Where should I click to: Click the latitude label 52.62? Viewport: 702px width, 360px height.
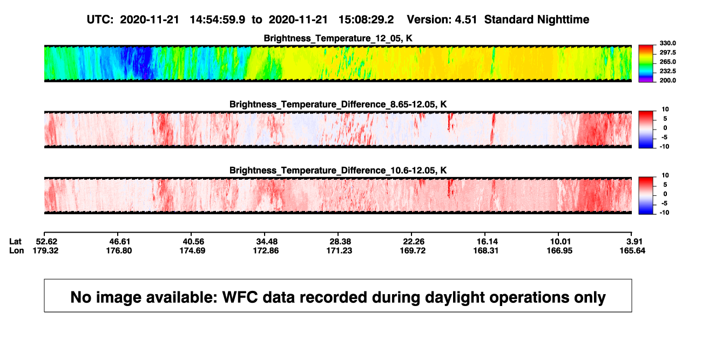point(46,242)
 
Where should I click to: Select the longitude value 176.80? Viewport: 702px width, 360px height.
point(119,250)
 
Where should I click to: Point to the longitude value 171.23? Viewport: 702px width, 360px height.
point(339,250)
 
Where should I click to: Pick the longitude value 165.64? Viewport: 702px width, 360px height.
point(632,250)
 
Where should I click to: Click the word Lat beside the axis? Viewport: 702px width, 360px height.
point(15,242)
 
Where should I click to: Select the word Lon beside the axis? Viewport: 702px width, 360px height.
point(17,250)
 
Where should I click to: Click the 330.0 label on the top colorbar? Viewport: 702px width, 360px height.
point(667,43)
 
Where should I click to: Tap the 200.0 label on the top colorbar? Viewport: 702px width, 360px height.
point(667,80)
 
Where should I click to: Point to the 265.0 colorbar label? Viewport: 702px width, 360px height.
point(667,62)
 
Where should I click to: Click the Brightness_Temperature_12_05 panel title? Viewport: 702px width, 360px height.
point(338,38)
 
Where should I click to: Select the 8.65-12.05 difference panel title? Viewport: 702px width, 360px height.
point(338,104)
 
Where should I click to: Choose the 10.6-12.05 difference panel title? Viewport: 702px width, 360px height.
point(338,171)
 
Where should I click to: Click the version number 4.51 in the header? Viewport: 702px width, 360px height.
point(465,19)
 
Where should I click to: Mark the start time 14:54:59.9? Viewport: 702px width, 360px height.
point(218,19)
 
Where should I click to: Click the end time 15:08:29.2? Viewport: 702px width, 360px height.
point(366,19)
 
